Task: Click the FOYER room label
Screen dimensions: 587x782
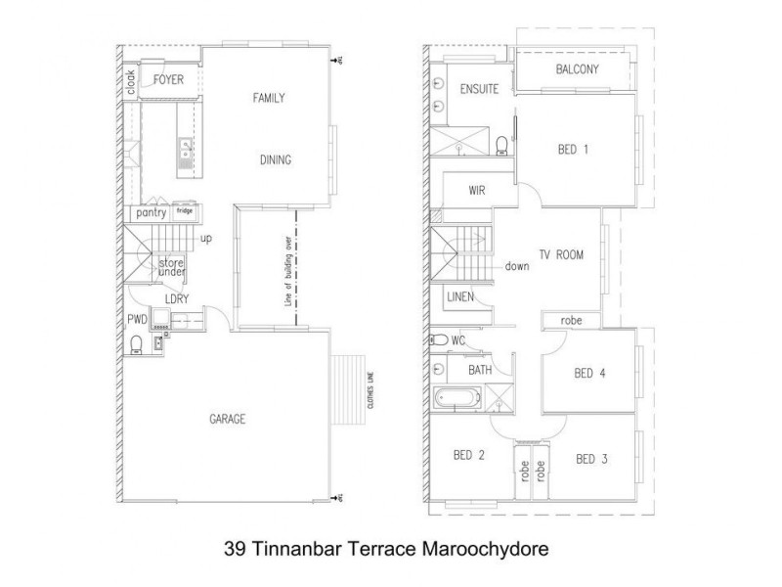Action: pos(169,79)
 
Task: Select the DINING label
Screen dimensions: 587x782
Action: pos(276,160)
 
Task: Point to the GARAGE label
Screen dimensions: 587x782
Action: pos(227,419)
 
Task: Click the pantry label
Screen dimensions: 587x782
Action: pos(151,212)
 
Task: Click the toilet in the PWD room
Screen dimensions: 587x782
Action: pos(136,343)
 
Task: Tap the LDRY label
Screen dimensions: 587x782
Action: pos(176,298)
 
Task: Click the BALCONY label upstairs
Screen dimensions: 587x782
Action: pos(577,69)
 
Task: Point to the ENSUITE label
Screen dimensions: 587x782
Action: pos(479,89)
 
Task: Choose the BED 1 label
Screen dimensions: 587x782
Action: pos(573,150)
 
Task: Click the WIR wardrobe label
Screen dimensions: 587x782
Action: pos(478,191)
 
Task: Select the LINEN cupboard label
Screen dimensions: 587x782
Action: pos(461,295)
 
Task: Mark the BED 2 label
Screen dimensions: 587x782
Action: pos(469,456)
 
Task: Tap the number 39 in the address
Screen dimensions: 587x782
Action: pos(233,540)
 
